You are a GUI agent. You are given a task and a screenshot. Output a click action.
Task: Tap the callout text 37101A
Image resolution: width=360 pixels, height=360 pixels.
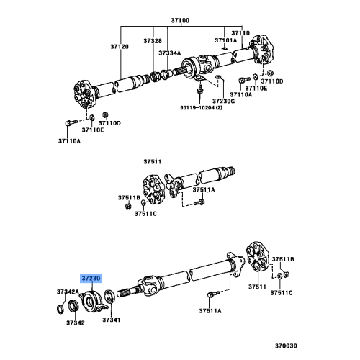[x=225, y=40]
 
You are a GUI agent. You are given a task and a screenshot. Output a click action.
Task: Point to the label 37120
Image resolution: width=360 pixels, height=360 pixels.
[x=120, y=46]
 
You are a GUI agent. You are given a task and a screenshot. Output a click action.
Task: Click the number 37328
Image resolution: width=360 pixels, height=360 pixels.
[x=152, y=41]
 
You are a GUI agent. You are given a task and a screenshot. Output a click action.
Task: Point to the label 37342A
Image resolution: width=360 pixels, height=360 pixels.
[x=68, y=292]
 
